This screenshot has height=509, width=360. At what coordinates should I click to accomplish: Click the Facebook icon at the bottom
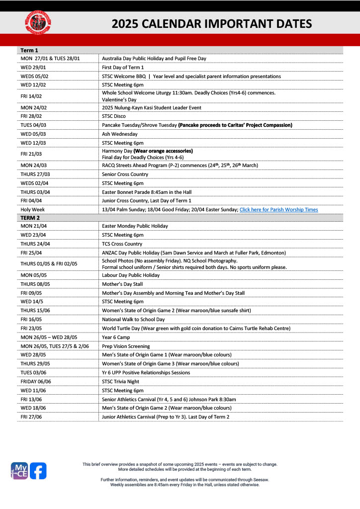tap(38, 470)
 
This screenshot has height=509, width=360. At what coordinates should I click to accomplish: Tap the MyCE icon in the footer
tap(19, 470)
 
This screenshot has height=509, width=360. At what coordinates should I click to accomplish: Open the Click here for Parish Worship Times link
tap(278, 209)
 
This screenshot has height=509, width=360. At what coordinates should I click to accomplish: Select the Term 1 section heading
tap(29, 50)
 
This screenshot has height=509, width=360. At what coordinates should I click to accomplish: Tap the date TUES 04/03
tap(33, 125)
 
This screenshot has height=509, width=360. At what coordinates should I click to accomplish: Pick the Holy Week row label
tap(32, 209)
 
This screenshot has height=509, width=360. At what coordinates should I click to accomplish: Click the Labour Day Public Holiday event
tap(131, 275)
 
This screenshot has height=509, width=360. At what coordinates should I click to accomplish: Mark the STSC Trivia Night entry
tap(122, 381)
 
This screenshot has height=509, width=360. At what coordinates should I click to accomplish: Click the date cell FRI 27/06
tap(31, 417)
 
